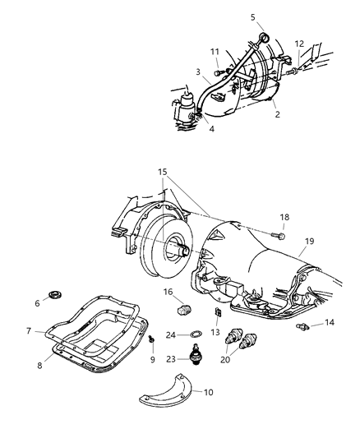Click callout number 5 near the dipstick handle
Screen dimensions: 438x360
click(x=253, y=16)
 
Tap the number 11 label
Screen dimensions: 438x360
click(x=215, y=51)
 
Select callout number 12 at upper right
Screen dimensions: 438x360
click(x=298, y=43)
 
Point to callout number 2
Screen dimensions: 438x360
click(x=277, y=114)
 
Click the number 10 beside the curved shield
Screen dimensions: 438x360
click(x=208, y=392)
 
